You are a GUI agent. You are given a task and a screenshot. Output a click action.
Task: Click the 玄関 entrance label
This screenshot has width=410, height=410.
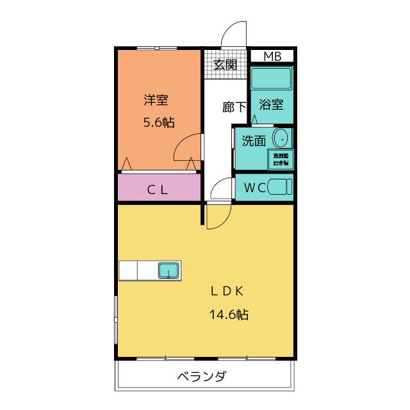(225, 64)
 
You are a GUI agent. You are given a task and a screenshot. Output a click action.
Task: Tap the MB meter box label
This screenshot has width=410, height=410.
(272, 56)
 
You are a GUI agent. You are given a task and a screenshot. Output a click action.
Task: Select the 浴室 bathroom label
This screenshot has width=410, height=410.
(271, 104)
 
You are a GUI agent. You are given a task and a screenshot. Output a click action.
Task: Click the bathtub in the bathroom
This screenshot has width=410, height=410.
(272, 79)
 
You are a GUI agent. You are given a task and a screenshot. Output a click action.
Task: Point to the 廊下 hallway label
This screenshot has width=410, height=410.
(234, 107)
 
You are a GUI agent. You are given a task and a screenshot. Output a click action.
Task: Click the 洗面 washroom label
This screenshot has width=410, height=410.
(254, 141)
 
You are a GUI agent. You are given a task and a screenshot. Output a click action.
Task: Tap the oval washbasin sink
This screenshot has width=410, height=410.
(280, 138)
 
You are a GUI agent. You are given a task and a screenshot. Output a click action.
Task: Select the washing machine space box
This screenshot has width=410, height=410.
(281, 160)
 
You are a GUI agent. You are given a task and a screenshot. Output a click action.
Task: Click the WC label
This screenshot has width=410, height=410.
(255, 188)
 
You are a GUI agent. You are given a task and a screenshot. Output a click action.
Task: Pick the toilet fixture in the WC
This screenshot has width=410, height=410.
(279, 187)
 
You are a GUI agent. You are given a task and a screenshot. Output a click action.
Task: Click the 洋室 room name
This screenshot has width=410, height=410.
(156, 100)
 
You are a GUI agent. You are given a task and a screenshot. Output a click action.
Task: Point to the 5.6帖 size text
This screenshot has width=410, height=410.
(158, 122)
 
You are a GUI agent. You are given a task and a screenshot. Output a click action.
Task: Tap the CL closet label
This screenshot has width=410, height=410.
(158, 189)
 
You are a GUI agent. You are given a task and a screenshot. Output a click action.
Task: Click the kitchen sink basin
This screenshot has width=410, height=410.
(169, 270)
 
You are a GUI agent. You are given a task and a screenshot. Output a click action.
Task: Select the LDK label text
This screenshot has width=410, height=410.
(227, 291)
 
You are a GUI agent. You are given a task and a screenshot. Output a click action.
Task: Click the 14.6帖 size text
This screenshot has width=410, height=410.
(229, 315)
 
